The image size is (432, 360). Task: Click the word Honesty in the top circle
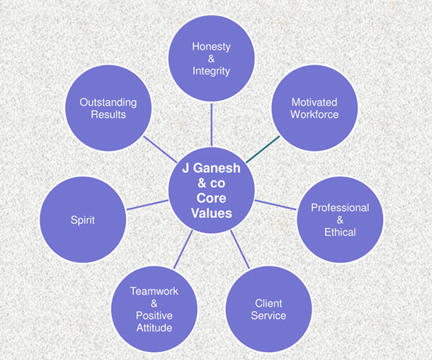click(x=211, y=47)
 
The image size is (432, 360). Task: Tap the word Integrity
click(x=211, y=71)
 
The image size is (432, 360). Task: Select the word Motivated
click(x=315, y=102)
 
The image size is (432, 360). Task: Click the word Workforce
click(x=315, y=114)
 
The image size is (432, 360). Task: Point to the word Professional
click(x=340, y=207)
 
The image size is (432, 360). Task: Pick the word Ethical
click(x=340, y=232)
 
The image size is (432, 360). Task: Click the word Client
click(x=269, y=304)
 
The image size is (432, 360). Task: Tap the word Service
click(x=269, y=315)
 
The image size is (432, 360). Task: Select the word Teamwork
click(x=154, y=292)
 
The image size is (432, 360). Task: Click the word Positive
click(x=154, y=315)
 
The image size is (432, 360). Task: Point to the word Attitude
click(x=154, y=328)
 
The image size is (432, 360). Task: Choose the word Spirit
click(x=83, y=220)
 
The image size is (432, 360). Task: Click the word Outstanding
click(x=108, y=102)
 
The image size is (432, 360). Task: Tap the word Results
click(x=108, y=114)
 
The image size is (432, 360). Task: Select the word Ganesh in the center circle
click(x=216, y=168)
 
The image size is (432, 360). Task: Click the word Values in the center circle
click(x=211, y=213)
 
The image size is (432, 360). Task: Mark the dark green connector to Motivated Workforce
click(x=263, y=149)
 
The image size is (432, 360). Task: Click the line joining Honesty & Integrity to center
click(x=211, y=125)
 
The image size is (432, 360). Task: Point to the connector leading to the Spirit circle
click(x=148, y=205)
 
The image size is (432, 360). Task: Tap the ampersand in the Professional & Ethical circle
click(x=340, y=220)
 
